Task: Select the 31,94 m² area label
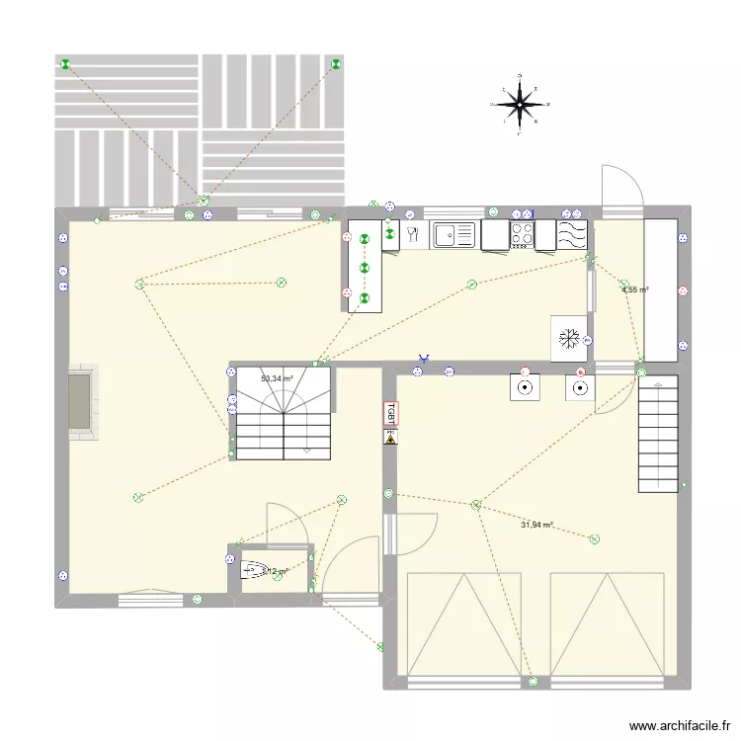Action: [536, 526]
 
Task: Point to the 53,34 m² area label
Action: [277, 378]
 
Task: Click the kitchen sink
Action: [454, 234]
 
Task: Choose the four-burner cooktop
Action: [522, 234]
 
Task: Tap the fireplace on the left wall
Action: [82, 401]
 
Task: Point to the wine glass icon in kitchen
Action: [413, 234]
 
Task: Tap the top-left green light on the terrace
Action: [65, 65]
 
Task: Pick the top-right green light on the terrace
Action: [337, 64]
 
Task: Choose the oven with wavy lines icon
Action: [572, 234]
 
